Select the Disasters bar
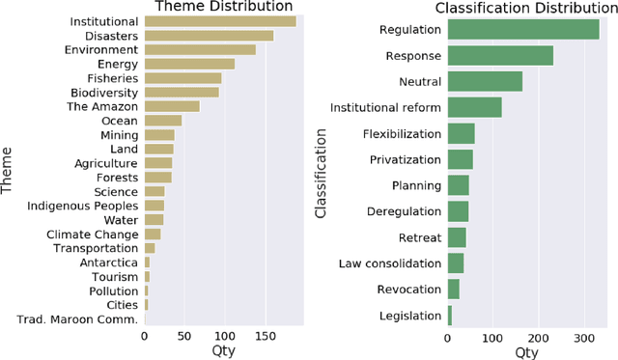[209, 36]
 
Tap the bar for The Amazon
[172, 106]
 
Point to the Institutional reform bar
[474, 107]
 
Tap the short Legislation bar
[449, 315]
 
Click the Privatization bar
[460, 159]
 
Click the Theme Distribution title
[224, 8]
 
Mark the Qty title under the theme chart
[224, 351]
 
